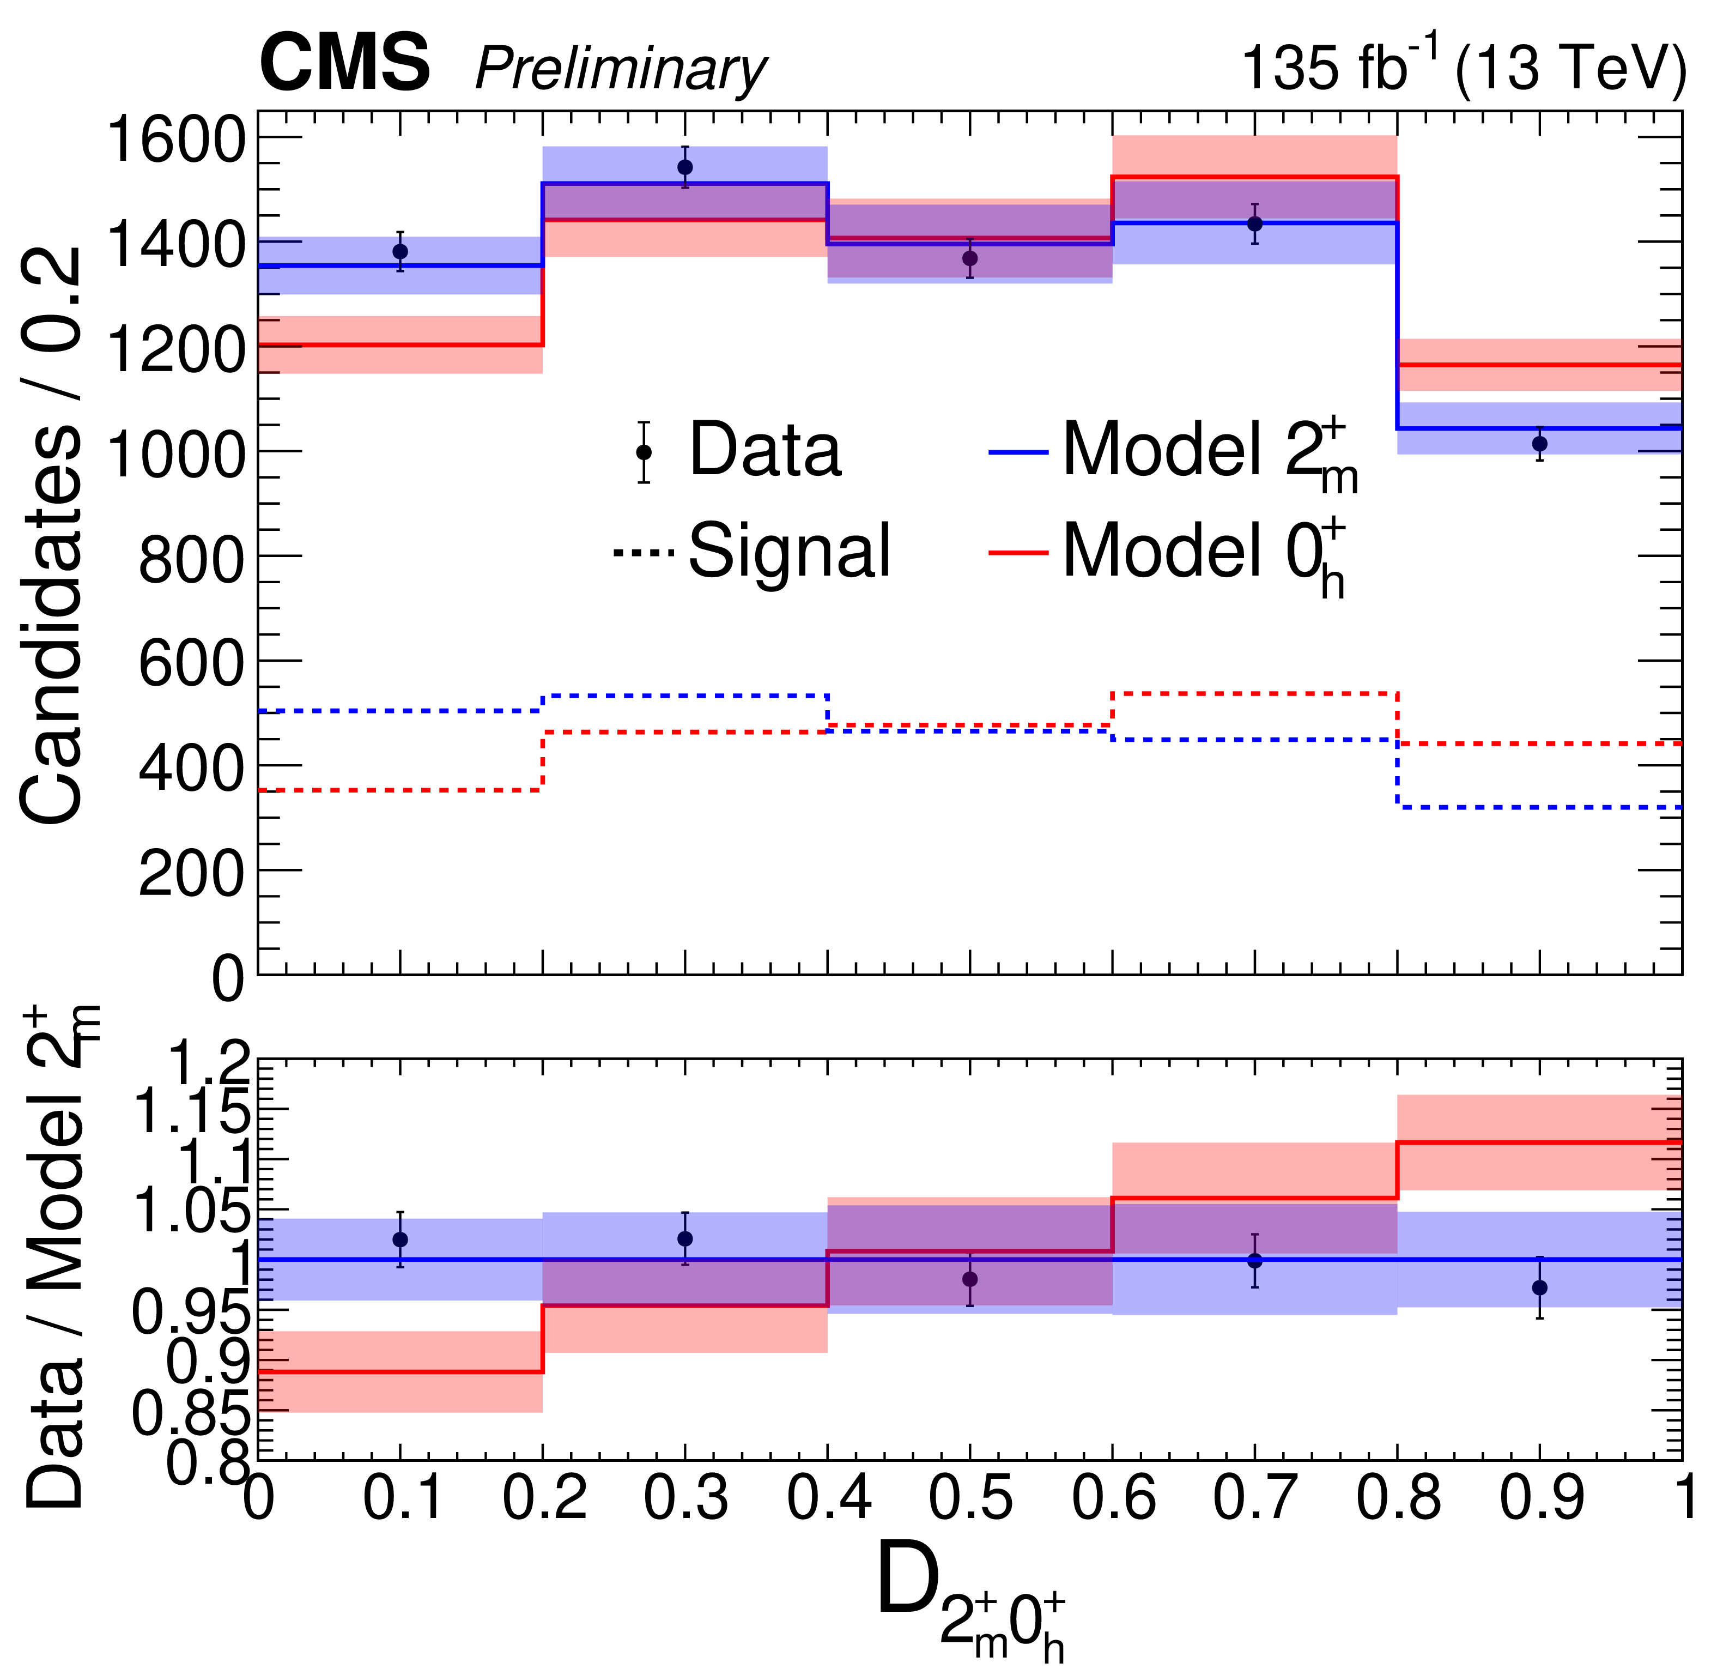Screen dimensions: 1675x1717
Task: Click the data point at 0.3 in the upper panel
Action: pos(685,167)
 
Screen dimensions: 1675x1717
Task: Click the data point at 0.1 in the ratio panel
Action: pos(400,1239)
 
